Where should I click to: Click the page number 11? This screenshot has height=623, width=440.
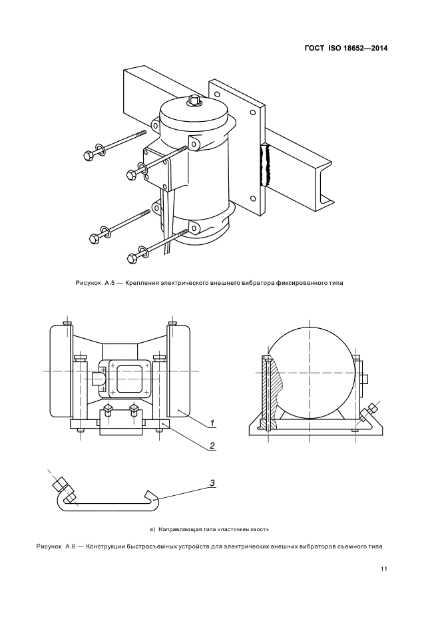[x=384, y=569]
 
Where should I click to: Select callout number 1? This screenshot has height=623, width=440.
[x=211, y=423]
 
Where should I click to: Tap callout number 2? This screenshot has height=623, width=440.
[x=211, y=445]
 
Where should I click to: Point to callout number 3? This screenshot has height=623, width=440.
[x=211, y=484]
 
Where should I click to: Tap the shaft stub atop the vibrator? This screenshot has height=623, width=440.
[x=195, y=102]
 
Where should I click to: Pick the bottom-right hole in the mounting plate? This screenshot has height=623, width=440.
[x=252, y=198]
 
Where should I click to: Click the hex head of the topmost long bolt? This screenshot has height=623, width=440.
[x=87, y=155]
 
